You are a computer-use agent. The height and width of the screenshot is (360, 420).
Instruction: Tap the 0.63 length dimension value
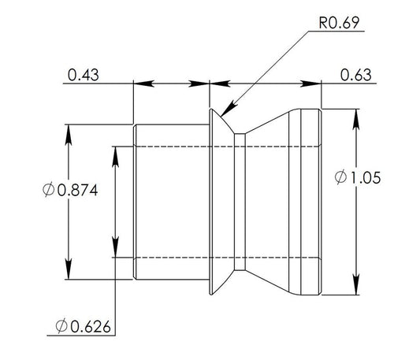click(355, 76)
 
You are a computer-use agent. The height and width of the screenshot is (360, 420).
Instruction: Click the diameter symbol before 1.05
click(340, 178)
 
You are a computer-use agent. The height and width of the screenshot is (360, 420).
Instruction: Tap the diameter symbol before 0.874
click(49, 190)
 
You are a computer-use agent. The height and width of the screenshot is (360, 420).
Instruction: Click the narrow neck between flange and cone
click(240, 202)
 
